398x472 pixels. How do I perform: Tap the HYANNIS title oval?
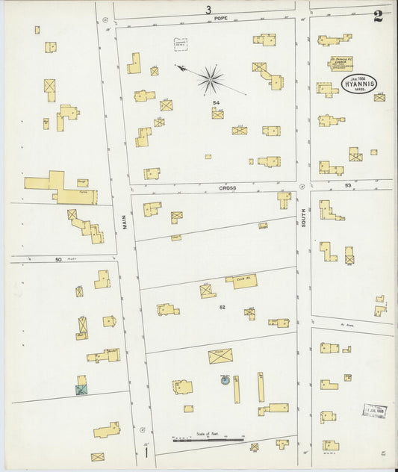[x=361, y=84]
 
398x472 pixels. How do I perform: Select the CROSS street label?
[x=227, y=188]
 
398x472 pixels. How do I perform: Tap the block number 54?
[x=215, y=102]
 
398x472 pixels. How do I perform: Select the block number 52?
[x=222, y=307]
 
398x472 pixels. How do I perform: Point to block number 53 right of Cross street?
[x=347, y=184]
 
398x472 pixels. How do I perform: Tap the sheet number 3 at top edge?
[x=208, y=9]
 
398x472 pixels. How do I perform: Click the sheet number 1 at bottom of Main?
[x=147, y=451]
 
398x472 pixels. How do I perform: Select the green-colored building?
[x=81, y=388]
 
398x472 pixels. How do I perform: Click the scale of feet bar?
[x=209, y=438]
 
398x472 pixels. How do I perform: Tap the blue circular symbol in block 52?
[x=223, y=381]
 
